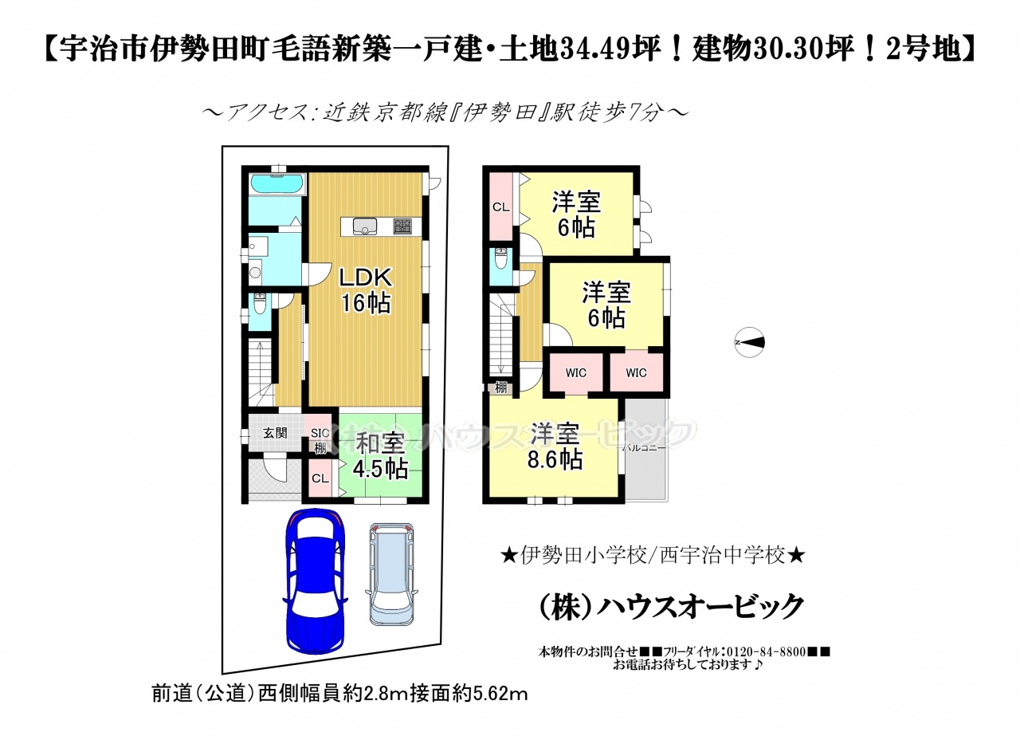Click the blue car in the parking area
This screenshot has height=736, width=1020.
(x=315, y=581)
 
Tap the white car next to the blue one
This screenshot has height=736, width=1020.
(x=391, y=574)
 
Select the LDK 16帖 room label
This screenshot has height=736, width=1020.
(x=365, y=289)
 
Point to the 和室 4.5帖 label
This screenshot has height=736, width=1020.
(x=381, y=456)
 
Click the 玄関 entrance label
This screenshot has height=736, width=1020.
(x=275, y=432)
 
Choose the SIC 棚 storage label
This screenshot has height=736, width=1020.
(x=320, y=440)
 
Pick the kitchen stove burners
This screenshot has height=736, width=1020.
(x=402, y=226)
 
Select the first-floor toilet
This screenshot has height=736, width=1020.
(x=260, y=304)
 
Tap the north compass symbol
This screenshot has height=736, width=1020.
(x=749, y=342)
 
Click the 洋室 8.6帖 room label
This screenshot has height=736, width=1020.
(x=555, y=447)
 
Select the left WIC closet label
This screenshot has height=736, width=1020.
(x=576, y=373)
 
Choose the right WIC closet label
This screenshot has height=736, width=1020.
(x=636, y=373)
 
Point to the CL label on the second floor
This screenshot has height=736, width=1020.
(x=501, y=207)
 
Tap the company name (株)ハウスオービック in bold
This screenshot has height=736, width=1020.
(x=671, y=607)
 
